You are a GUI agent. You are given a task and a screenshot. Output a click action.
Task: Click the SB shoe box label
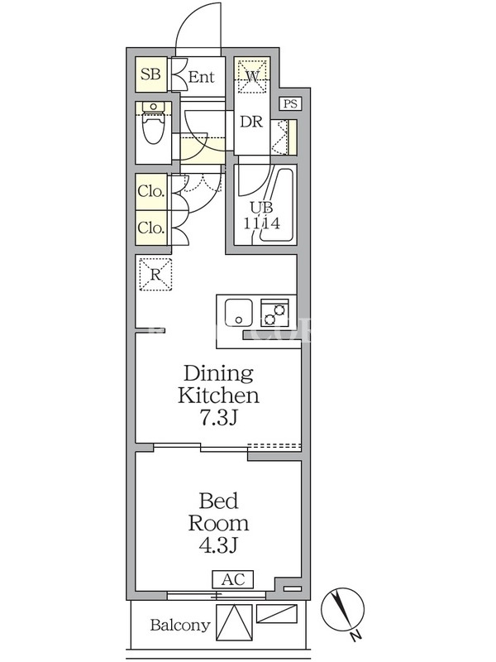point(150,74)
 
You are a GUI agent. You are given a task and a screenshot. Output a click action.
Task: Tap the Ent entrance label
point(201,77)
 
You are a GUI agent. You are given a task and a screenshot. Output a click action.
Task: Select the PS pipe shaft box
point(291,103)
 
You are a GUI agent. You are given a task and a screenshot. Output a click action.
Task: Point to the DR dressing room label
point(251,122)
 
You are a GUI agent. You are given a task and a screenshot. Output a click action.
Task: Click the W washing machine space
point(252,76)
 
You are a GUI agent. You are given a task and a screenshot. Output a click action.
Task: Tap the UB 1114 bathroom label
point(261,215)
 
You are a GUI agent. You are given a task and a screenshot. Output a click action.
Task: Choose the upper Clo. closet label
point(150,191)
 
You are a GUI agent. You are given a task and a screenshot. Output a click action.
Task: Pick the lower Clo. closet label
point(150,228)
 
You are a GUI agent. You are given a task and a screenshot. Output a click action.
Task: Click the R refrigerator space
point(155,275)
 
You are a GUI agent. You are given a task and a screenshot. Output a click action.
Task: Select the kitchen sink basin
point(239,313)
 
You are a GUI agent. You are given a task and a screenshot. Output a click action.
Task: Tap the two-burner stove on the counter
point(274,313)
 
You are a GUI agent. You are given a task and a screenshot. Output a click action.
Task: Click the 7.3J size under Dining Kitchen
point(219,418)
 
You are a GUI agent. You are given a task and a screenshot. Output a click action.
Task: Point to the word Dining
point(218,373)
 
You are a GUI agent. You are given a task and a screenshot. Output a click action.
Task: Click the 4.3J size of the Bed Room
point(218,545)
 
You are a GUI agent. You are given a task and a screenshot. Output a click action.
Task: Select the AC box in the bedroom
point(233,579)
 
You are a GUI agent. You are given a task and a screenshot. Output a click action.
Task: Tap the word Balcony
point(180,626)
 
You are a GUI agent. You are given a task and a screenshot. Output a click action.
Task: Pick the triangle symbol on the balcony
point(234,625)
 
